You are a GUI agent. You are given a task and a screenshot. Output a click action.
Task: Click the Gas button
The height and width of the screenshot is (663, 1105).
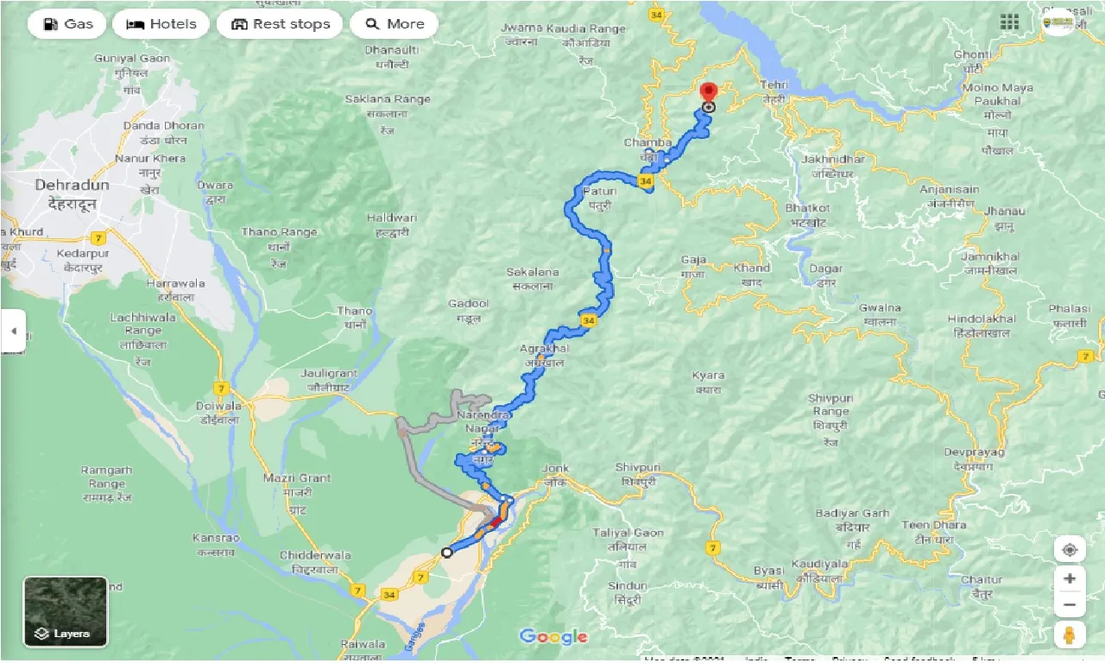point(66,24)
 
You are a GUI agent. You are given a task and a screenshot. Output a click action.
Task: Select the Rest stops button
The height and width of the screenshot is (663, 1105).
point(280,24)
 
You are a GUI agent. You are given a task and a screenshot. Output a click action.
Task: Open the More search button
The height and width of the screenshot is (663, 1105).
point(395,24)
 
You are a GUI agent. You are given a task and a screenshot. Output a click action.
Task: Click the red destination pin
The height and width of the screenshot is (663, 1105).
point(709,92)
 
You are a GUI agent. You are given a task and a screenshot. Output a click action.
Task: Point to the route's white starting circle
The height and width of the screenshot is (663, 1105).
point(446,552)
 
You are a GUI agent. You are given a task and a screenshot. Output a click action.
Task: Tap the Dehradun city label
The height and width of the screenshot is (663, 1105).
point(73,186)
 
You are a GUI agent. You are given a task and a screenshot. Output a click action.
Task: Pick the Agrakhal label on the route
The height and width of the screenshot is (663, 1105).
point(544,349)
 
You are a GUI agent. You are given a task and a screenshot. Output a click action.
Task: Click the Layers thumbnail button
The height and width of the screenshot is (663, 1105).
point(66,612)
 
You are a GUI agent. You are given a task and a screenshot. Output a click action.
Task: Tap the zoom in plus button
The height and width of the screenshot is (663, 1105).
point(1070,578)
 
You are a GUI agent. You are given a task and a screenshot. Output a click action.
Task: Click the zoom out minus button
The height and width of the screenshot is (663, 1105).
point(1070,604)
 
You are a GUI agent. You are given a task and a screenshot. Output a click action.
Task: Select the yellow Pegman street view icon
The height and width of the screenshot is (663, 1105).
point(1070,635)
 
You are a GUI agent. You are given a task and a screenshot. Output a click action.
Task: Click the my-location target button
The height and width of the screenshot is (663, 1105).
point(1070,550)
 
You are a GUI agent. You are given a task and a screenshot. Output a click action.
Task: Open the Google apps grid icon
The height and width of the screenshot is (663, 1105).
point(1009,22)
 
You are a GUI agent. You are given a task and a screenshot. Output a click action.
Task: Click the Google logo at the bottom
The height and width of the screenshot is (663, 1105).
point(553,637)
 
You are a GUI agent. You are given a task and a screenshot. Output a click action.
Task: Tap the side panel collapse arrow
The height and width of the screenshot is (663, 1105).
point(13,331)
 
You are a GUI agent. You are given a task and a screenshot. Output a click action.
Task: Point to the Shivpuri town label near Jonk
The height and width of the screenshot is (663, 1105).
point(637,468)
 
